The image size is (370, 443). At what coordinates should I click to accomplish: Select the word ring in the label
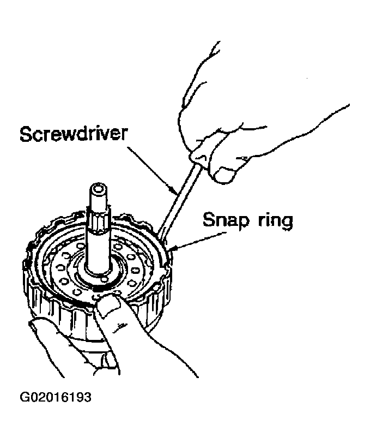pos(272,221)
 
